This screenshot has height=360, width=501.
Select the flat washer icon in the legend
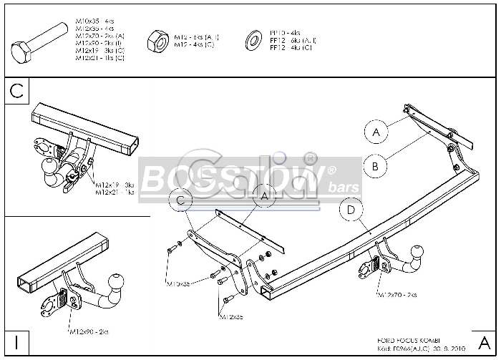coord(253,40)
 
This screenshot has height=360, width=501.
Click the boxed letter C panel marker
coord(17,91)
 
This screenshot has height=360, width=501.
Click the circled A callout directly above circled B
coord(375,132)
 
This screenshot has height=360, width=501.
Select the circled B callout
coord(375,166)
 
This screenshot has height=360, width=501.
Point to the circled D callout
coord(351,210)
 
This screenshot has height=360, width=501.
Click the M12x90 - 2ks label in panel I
coord(89,331)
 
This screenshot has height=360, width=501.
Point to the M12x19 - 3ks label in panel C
coord(115,185)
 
